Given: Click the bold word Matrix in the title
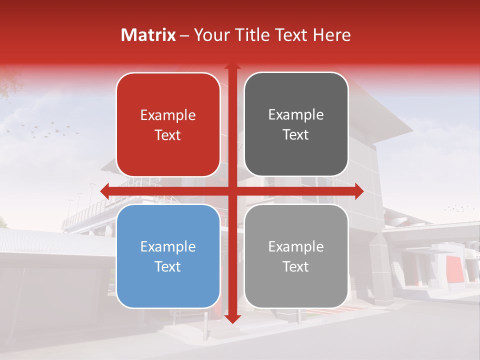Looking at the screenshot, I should click(148, 35).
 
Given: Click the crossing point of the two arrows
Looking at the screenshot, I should click(232, 191).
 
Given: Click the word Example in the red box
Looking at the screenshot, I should click(168, 115).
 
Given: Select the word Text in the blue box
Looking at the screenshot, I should click(168, 266).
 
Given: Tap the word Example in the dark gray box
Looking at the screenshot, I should click(296, 115).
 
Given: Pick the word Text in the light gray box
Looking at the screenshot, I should click(296, 266).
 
